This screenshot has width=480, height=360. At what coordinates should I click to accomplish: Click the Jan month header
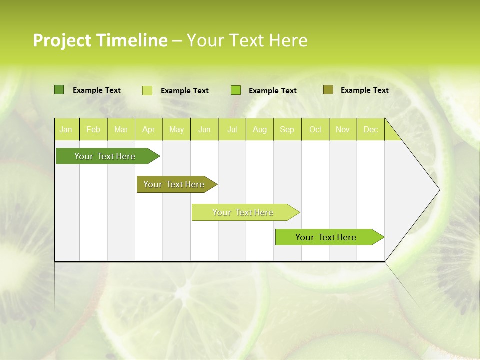click(66, 129)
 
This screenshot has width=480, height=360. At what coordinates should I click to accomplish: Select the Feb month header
click(93, 129)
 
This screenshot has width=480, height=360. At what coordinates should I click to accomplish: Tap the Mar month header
click(121, 129)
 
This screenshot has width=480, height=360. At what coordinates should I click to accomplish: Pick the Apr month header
click(148, 129)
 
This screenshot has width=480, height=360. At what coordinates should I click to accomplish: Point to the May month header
click(176, 129)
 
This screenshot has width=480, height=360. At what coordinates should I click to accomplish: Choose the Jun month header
click(204, 129)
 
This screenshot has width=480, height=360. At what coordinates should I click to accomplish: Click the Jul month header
click(232, 129)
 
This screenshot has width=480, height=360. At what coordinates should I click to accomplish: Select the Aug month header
click(259, 129)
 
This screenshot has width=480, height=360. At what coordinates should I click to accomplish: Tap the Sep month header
click(287, 129)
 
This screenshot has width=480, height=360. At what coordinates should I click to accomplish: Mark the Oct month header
click(315, 129)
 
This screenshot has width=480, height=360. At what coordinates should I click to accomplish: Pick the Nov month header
click(343, 129)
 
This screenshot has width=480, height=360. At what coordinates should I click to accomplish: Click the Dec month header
click(370, 129)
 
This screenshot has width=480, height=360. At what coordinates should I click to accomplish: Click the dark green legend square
click(59, 90)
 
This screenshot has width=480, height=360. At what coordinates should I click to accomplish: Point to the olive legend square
click(328, 90)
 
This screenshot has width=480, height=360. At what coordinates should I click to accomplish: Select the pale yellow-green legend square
click(147, 90)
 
